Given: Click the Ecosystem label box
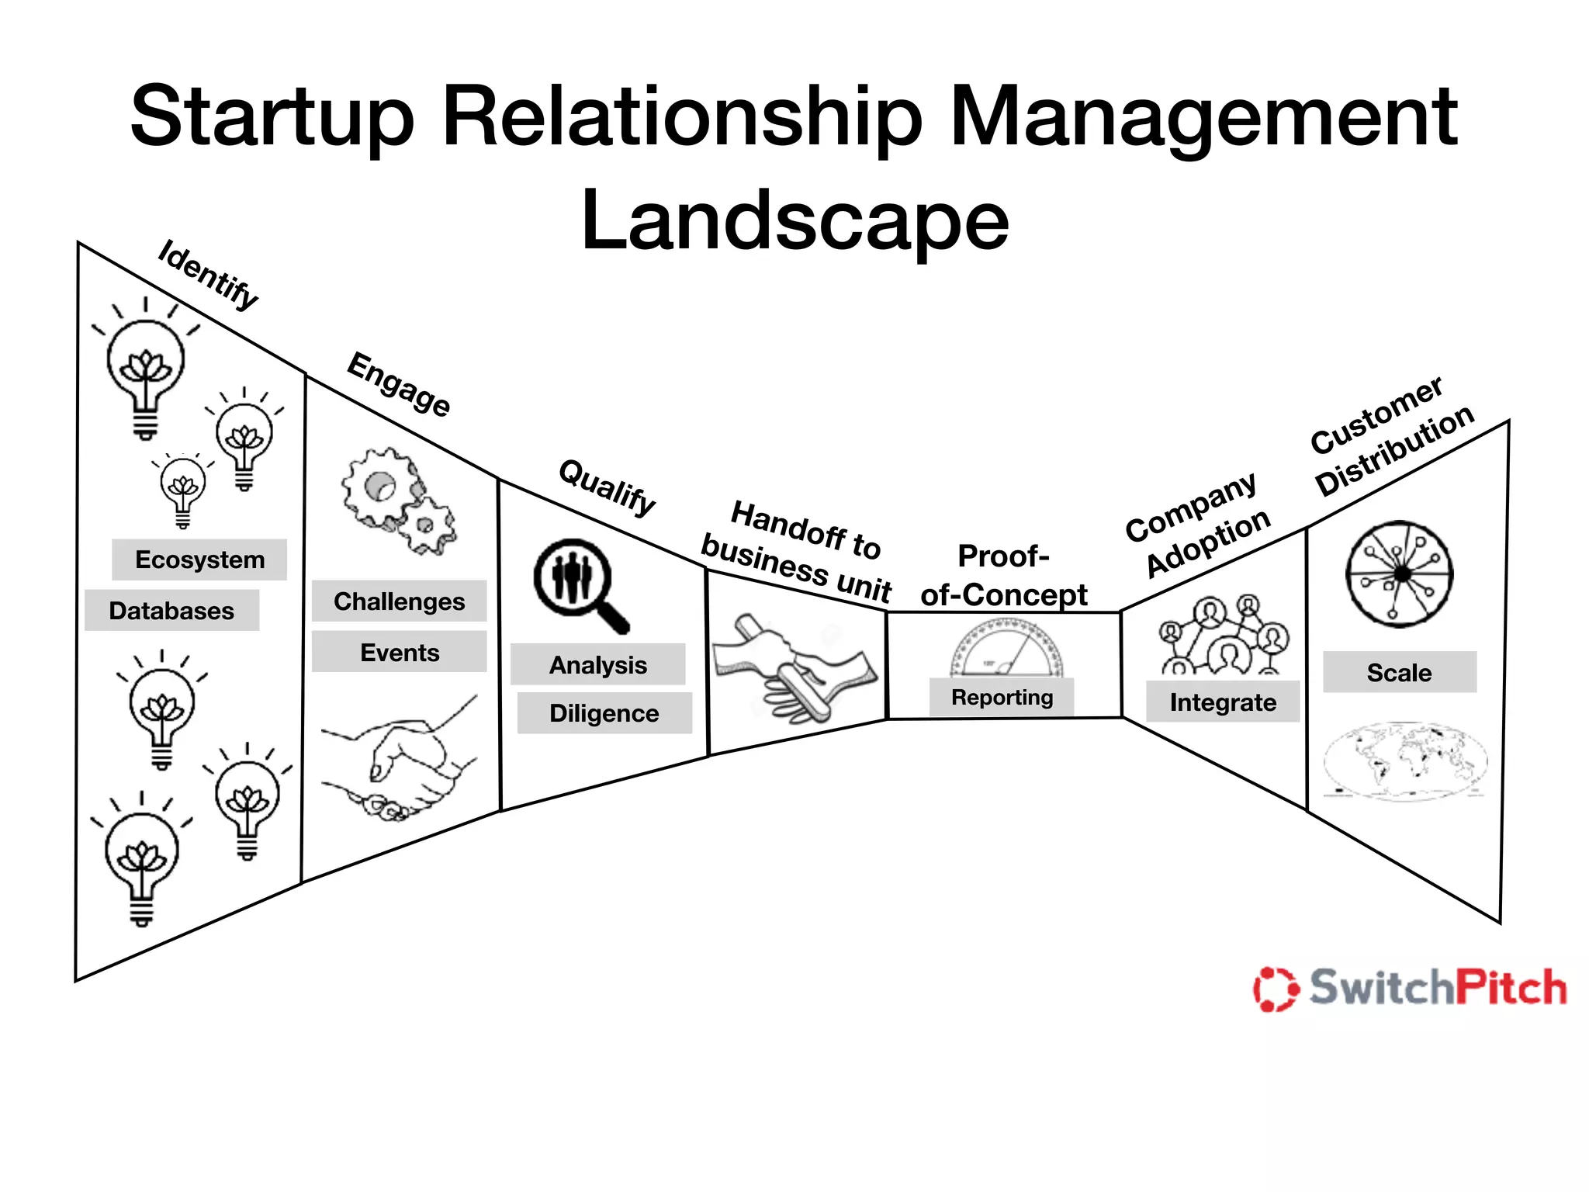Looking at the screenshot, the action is (x=199, y=560).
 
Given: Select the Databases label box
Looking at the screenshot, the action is (x=171, y=611).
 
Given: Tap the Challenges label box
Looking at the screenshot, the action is (x=399, y=601).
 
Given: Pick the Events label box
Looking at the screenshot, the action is (x=399, y=652).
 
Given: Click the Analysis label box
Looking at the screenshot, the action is (x=597, y=665).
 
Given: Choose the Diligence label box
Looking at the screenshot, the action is (x=604, y=713).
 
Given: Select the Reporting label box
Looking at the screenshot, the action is (x=1002, y=697).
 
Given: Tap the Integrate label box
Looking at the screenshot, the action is (x=1223, y=702).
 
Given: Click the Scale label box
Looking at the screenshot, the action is (x=1399, y=672).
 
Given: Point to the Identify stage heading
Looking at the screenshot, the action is (x=208, y=275).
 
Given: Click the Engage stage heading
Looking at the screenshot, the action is (x=399, y=384).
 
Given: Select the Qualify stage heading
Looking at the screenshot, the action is (x=608, y=487).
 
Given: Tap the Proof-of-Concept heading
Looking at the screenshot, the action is (x=1003, y=575).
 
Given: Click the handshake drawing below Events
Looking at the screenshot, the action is (x=399, y=761).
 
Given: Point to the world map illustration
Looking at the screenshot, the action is (x=1405, y=761).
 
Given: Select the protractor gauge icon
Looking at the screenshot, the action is (x=1006, y=648).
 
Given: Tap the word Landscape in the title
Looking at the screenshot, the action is (x=794, y=221).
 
